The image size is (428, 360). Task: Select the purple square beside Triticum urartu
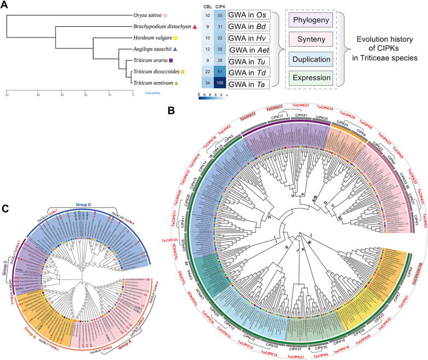pos(172,60)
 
